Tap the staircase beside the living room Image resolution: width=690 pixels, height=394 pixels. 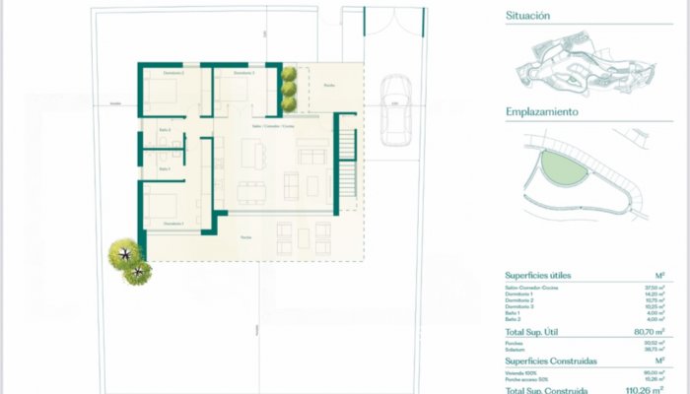coord(348,173)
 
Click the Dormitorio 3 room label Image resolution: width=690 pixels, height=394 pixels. coord(242,74)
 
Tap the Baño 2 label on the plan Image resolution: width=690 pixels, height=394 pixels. coord(165,130)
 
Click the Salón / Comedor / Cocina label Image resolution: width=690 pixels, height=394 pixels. coord(273,127)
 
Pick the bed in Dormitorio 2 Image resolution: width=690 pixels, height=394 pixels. coord(164,95)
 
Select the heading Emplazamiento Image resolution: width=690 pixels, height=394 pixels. coord(541,112)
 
